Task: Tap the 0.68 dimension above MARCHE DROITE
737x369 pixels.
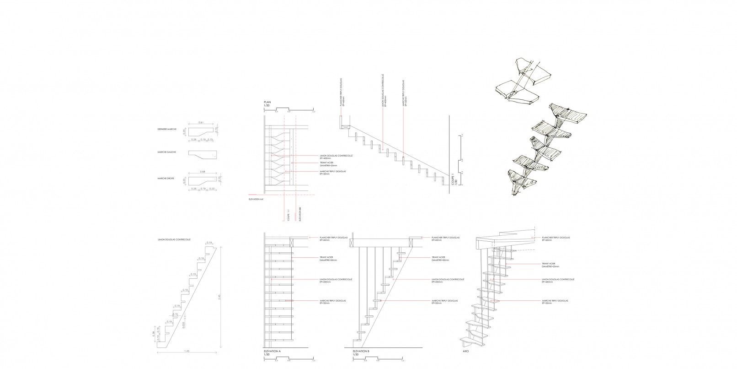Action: coord(202,172)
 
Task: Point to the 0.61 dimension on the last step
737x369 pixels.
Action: coord(201,123)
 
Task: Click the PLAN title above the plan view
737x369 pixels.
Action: coord(267,102)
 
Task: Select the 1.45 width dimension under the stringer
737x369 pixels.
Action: coord(187,351)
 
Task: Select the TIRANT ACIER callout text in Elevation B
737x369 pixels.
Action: coord(438,259)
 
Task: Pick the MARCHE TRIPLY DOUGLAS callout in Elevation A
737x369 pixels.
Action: coord(332,302)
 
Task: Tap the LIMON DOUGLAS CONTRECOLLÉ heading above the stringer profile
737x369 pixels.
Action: coord(173,239)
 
